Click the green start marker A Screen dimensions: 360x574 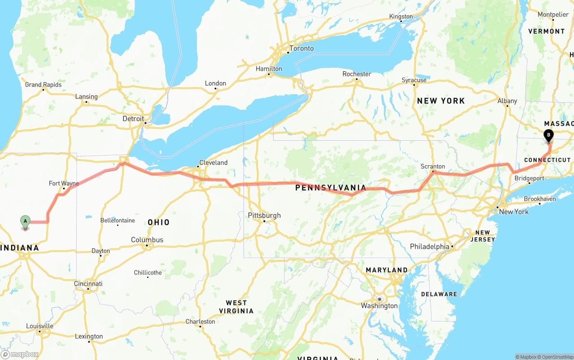[x=25, y=221]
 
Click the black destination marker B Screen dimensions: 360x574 [x=548, y=134]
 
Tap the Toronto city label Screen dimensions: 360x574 [x=301, y=48]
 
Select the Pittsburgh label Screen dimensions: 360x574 [x=264, y=216]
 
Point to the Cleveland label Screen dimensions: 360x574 [x=213, y=163]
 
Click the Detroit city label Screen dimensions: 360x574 [x=133, y=119]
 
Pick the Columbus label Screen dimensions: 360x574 [x=147, y=240]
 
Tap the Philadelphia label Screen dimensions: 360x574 [x=429, y=247]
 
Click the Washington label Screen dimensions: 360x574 [x=379, y=306]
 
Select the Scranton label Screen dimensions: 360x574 [x=433, y=166]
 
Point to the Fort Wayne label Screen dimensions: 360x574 [x=64, y=183]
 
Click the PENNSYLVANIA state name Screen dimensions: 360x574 [x=330, y=188]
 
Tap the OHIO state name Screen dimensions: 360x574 [x=159, y=222]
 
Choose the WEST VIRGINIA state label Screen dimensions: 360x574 [x=236, y=307]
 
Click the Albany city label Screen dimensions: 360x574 [x=507, y=101]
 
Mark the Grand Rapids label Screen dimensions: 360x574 [x=43, y=85]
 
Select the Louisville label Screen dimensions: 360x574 [x=39, y=326]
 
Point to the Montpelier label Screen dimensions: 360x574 [x=553, y=14]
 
